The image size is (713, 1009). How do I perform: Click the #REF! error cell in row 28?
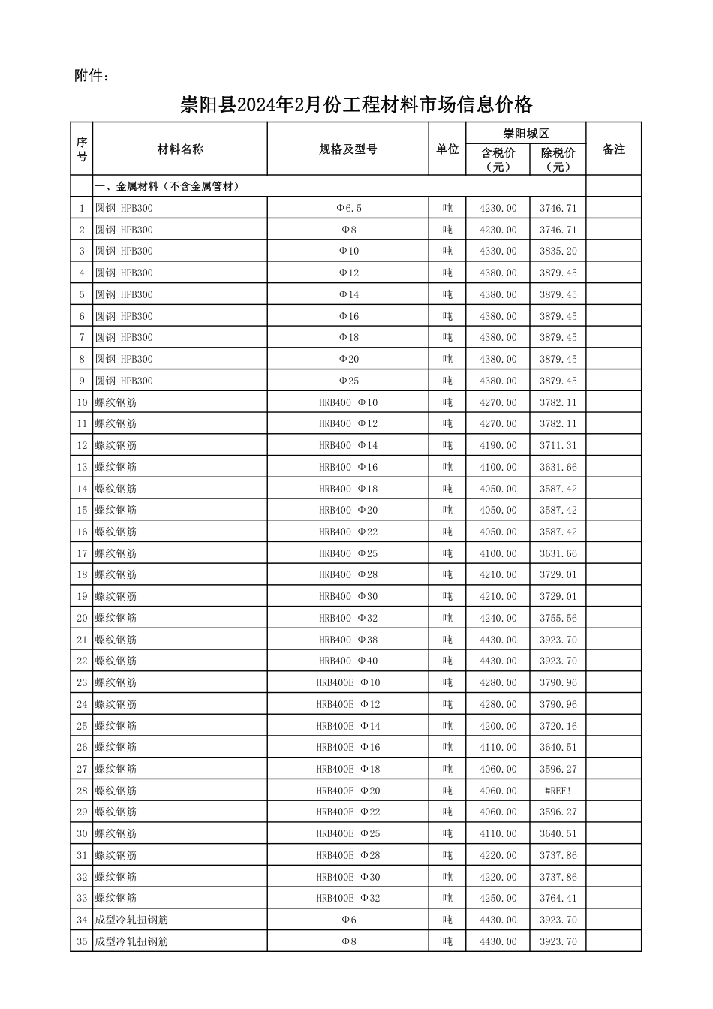click(558, 791)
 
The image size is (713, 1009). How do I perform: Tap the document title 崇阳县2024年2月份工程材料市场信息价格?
click(356, 104)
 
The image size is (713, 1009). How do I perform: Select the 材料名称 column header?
click(180, 149)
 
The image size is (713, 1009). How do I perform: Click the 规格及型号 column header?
click(348, 149)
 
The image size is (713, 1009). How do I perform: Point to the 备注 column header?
click(614, 149)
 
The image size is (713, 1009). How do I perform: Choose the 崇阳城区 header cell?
click(525, 133)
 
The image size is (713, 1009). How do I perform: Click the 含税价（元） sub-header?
click(498, 159)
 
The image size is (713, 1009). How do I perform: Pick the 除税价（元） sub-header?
click(558, 159)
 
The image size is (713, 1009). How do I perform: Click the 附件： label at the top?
click(92, 75)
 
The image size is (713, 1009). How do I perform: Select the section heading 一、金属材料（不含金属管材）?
click(167, 186)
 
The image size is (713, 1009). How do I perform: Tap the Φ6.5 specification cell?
click(348, 208)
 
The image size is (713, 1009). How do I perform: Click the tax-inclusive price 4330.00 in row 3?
click(498, 251)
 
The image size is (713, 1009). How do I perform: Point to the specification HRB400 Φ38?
click(348, 640)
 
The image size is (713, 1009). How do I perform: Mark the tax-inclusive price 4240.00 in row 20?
click(498, 618)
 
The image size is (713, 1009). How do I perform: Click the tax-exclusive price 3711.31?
click(558, 445)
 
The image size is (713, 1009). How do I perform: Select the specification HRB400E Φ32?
click(348, 898)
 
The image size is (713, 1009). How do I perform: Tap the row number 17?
click(82, 553)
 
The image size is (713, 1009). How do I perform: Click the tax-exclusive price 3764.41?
click(558, 898)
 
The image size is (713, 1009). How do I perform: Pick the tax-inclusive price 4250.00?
click(498, 898)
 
